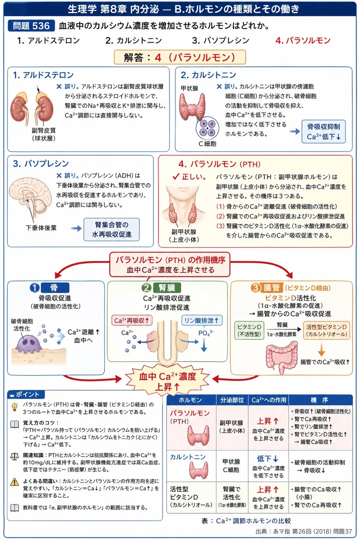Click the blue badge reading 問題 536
tap(31, 26)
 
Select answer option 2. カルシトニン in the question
tap(134, 40)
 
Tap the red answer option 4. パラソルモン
tap(303, 40)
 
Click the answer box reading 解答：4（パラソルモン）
tap(180, 57)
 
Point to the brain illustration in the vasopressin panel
tap(30, 196)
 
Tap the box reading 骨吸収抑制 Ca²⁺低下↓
tap(324, 132)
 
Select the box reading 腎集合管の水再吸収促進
tap(111, 229)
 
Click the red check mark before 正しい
tap(176, 177)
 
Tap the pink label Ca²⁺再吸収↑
tap(132, 320)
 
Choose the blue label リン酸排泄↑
tap(202, 320)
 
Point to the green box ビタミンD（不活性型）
tap(249, 330)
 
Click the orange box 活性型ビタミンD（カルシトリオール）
tap(327, 330)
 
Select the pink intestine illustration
tap(282, 357)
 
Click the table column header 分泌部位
tap(232, 400)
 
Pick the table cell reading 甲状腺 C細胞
tap(231, 466)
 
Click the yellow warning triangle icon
tap(15, 482)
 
